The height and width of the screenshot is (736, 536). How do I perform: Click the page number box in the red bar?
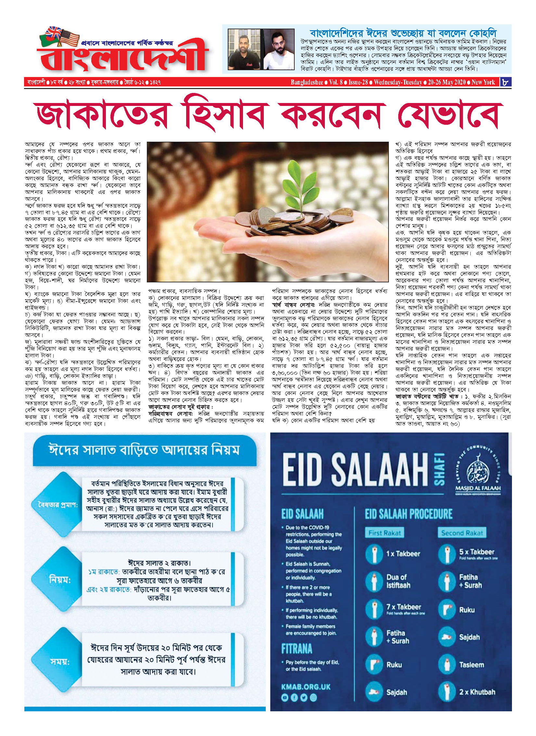point(506,82)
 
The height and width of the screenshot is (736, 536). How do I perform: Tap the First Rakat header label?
point(385,533)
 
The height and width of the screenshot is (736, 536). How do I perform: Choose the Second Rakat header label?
point(462,533)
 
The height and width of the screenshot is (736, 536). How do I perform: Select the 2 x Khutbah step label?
point(477,692)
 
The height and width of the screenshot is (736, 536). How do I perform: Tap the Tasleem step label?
point(471,665)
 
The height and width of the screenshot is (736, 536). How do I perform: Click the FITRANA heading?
point(297,649)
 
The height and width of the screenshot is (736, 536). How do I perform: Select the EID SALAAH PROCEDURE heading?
point(408,514)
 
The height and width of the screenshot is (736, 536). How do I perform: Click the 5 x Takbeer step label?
point(477,552)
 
